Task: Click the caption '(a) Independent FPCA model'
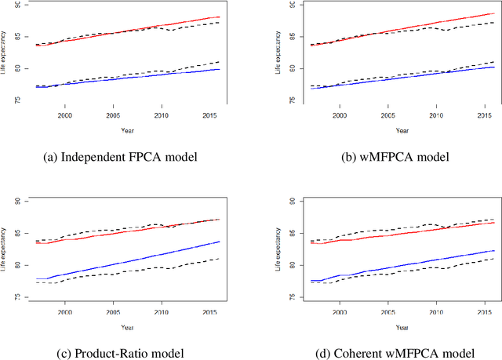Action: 125,157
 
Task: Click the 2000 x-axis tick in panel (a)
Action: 64,115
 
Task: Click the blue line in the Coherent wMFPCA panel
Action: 400,260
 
